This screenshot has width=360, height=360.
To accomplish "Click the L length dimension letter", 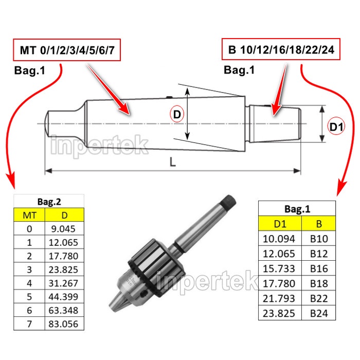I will [173, 162].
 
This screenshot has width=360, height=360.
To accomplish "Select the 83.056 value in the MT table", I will [64, 323].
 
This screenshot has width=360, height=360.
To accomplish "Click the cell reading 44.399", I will [64, 297].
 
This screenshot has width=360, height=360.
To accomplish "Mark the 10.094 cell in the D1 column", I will [279, 238].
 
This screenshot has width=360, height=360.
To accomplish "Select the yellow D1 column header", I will [279, 224].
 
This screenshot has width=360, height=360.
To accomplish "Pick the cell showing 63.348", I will [64, 310].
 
